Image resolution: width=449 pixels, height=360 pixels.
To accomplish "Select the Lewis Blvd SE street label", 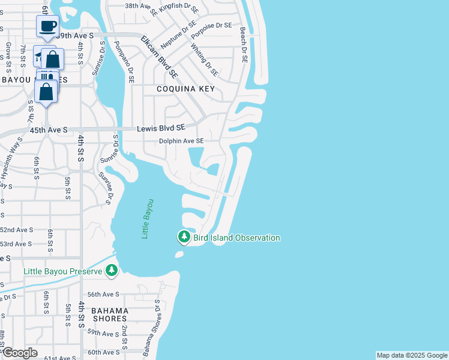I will coord(161,128).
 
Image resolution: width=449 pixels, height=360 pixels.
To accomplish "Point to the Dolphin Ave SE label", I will coord(181,141).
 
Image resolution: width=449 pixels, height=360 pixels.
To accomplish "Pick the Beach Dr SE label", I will coord(244,46).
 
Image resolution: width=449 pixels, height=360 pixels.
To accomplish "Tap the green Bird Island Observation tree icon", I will coord(184,238).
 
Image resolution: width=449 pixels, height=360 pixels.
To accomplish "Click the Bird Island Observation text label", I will coord(237,238).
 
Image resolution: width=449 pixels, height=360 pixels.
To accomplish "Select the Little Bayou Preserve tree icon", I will coord(111,271).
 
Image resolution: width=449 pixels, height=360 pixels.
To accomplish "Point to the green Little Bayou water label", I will coord(148,219).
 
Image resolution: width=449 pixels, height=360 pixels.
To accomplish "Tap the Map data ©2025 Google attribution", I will coord(411,355).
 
